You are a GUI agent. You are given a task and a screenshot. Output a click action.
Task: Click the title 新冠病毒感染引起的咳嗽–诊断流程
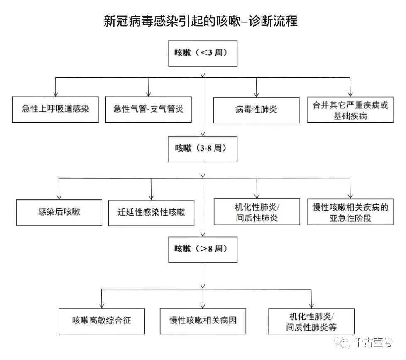(x=201, y=21)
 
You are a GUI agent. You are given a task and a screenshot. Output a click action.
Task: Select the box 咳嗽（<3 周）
(x=203, y=53)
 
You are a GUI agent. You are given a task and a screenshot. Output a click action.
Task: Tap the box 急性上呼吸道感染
(x=56, y=110)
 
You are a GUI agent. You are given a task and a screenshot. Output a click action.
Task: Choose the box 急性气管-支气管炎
(x=149, y=110)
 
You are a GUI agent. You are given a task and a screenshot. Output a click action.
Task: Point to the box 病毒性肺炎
(x=256, y=110)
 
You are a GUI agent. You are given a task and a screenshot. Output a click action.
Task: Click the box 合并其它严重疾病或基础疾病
(x=350, y=110)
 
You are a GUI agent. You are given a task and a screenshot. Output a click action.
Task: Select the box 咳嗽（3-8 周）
(x=203, y=149)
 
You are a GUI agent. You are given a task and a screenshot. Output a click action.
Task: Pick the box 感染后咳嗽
(x=59, y=212)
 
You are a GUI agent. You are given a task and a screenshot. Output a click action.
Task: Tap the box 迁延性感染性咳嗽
(x=151, y=212)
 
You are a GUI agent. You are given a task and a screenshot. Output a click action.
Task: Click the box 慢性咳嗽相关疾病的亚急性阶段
(x=350, y=212)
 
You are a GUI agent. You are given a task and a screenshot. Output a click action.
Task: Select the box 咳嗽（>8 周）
(x=203, y=249)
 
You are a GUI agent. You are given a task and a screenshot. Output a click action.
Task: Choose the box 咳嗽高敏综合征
(x=102, y=321)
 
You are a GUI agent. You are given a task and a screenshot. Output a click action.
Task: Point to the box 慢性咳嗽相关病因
(x=203, y=321)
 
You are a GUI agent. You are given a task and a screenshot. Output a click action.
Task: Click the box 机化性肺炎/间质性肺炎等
(x=311, y=321)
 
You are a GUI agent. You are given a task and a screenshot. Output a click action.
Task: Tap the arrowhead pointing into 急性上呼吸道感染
(x=56, y=94)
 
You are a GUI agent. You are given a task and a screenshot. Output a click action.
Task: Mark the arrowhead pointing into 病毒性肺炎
(x=256, y=94)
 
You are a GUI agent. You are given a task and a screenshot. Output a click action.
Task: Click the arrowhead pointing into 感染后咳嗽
(x=59, y=197)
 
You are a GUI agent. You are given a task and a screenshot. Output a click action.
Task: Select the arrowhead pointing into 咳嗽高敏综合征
(x=102, y=305)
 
